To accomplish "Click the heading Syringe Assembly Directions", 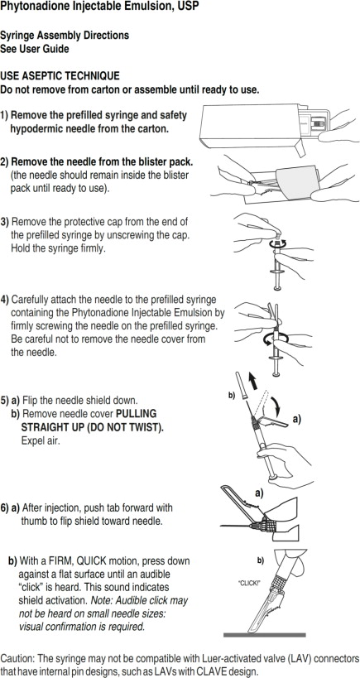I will coord(65,36).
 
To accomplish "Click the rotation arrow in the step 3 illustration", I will coord(281,245).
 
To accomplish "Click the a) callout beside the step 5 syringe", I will coord(295,420).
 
